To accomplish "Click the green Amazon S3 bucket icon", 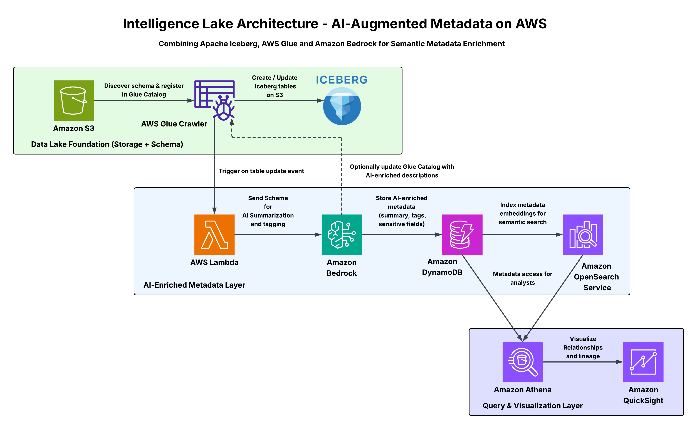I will tap(73, 100).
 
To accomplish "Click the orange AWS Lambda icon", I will tap(214, 234).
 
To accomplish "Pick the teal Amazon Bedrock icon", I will tap(342, 234).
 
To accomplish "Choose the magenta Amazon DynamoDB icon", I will tap(462, 234).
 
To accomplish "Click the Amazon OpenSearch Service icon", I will tap(583, 234).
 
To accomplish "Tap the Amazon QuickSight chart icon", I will tap(643, 362).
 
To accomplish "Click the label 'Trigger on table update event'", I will tap(261, 171).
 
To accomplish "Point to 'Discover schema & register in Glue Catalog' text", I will tap(144, 90).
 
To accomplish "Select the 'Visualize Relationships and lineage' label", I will tap(583, 347).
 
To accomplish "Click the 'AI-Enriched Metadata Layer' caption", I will tap(194, 285).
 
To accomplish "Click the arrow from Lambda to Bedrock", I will tap(278, 235).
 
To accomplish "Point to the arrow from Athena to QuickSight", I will tap(583, 362).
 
